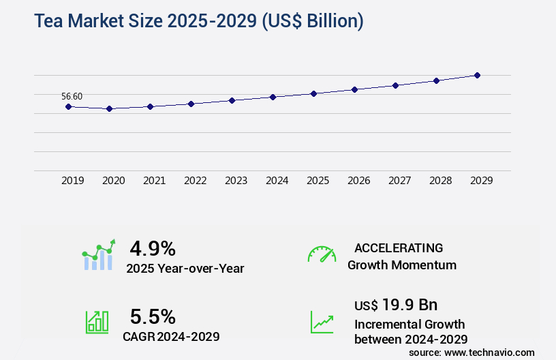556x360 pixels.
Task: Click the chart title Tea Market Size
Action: pyautogui.click(x=198, y=21)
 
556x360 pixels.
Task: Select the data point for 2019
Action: pyautogui.click(x=68, y=106)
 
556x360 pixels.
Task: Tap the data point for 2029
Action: pyautogui.click(x=477, y=75)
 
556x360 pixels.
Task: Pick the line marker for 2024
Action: pyautogui.click(x=273, y=97)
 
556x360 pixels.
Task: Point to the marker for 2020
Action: pyautogui.click(x=109, y=108)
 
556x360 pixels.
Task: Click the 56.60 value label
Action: pyautogui.click(x=72, y=96)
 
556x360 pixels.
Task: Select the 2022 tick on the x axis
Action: pyautogui.click(x=195, y=181)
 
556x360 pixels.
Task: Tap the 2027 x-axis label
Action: pyautogui.click(x=399, y=181)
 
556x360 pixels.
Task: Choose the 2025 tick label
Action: pyautogui.click(x=318, y=181)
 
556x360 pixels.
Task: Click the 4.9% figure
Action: pyautogui.click(x=153, y=247)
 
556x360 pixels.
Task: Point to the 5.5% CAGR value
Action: pyautogui.click(x=153, y=316)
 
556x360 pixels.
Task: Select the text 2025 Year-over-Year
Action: pyautogui.click(x=185, y=269)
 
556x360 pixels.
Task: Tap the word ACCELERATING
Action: pyautogui.click(x=399, y=247)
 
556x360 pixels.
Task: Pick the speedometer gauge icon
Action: pyautogui.click(x=322, y=254)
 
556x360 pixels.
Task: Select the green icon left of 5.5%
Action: pyautogui.click(x=97, y=322)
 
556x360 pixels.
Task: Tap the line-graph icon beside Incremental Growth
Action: pyautogui.click(x=322, y=322)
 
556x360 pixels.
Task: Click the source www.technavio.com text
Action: pyautogui.click(x=472, y=352)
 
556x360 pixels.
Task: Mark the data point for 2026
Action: pyautogui.click(x=354, y=89)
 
